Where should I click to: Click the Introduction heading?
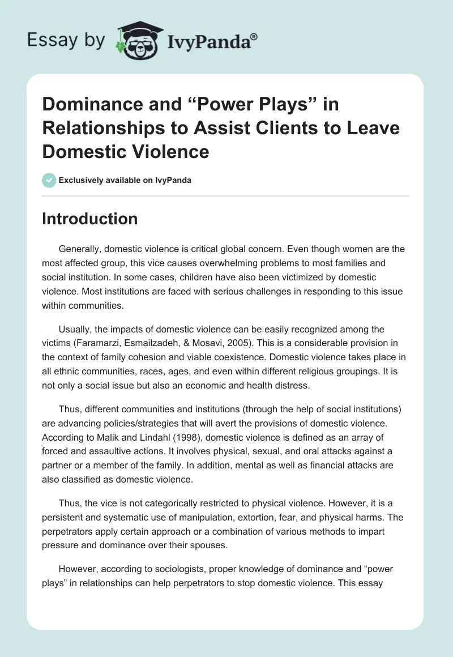coord(89,219)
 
